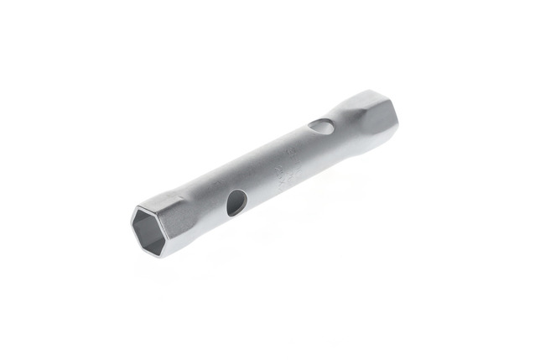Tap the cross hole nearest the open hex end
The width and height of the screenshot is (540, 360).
tap(236, 201)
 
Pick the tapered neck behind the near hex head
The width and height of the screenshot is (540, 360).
tap(201, 206)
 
